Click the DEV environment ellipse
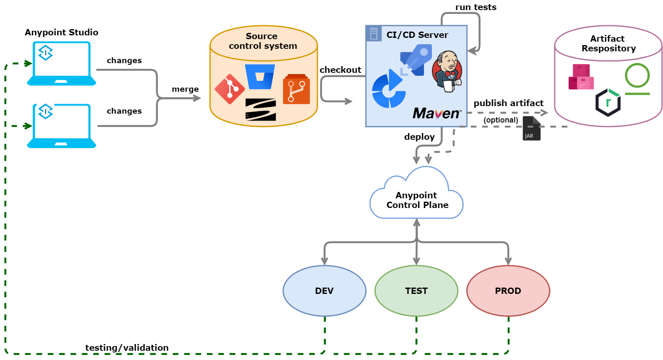[x=324, y=291]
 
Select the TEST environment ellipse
[x=416, y=291]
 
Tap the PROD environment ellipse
[x=508, y=291]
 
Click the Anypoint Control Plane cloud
[x=416, y=200]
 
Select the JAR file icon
[x=531, y=128]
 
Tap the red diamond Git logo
[x=229, y=89]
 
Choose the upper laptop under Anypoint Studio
[x=61, y=64]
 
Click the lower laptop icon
[x=61, y=126]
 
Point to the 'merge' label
[x=185, y=89]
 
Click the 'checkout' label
[x=340, y=70]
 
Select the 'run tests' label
[x=476, y=7]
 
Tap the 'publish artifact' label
[x=508, y=103]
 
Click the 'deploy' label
[x=419, y=137]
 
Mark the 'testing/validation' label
[x=127, y=348]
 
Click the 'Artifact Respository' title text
[x=608, y=43]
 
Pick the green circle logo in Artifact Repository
[x=637, y=76]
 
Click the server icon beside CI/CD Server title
[x=373, y=34]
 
